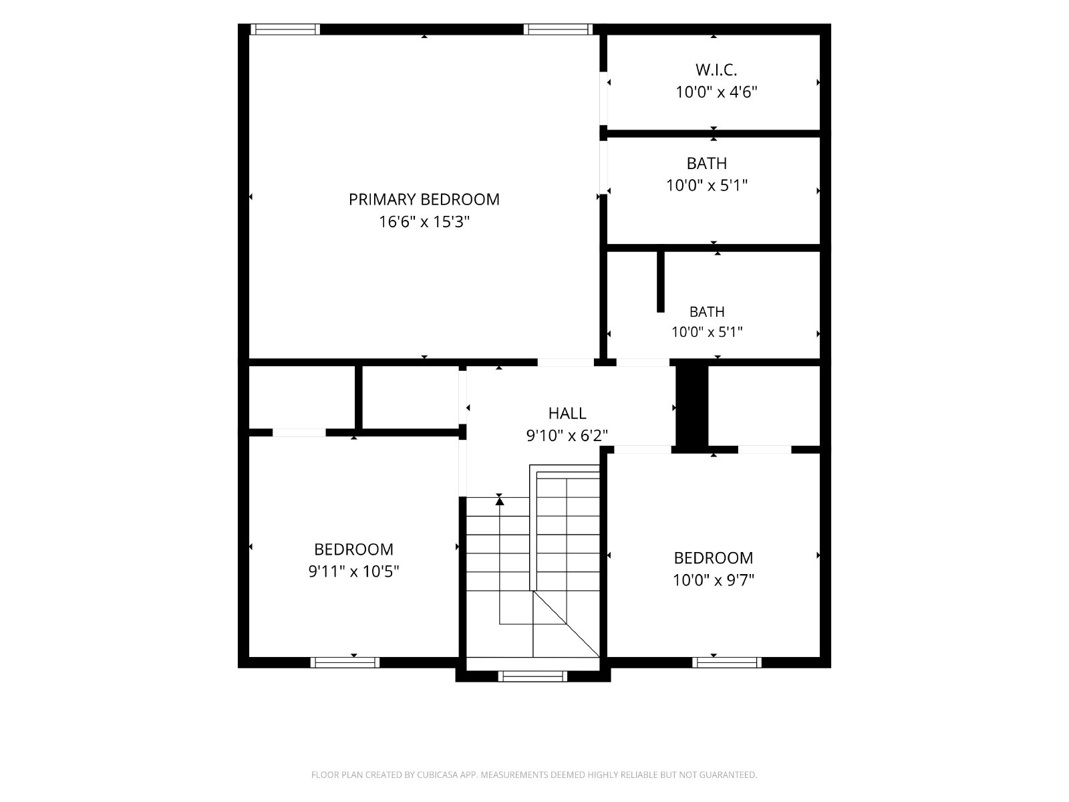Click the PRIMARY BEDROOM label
point(424,200)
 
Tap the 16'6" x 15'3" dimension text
point(424,222)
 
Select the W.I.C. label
point(716,70)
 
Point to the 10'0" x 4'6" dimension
point(716,92)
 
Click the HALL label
point(567,414)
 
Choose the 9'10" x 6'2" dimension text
point(567,435)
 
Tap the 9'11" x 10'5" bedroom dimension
point(353,571)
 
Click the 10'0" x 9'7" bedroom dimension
point(713,580)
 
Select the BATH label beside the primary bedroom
point(707,164)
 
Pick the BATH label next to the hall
point(707,311)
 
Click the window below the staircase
point(532,676)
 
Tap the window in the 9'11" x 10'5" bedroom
point(345,662)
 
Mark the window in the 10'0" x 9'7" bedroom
point(727,662)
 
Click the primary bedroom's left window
point(285,29)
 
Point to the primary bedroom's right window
point(558,29)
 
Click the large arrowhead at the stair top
point(499,501)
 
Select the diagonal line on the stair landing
point(567,624)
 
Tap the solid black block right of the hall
point(692,409)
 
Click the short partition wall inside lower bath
point(660,281)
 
